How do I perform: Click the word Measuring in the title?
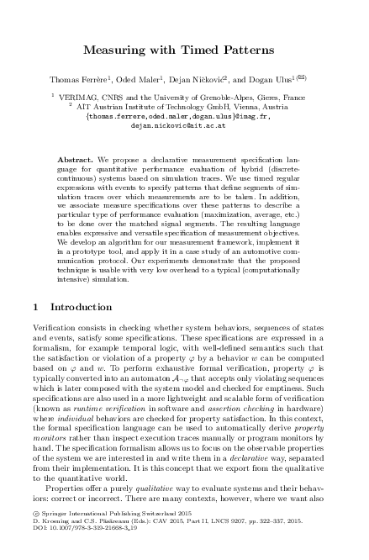tap(115, 51)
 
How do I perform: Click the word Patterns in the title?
tap(250, 51)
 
